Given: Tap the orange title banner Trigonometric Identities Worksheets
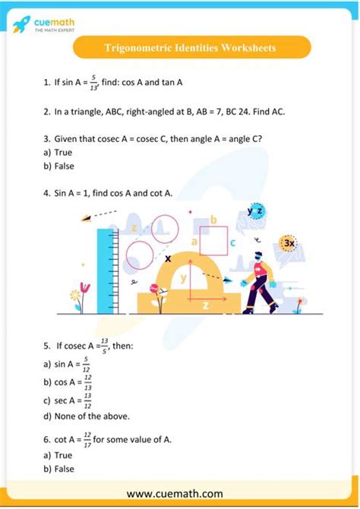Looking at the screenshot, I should tap(191, 48).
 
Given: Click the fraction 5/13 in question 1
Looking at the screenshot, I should tap(94, 82).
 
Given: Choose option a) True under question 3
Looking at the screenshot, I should tap(58, 152).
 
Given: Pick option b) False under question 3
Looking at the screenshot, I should tap(58, 166).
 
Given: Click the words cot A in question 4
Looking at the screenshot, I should tap(161, 193).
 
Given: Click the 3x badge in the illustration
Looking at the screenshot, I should tap(289, 243).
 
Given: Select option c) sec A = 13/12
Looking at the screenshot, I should tap(64, 399).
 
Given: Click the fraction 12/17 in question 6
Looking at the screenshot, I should tap(87, 438).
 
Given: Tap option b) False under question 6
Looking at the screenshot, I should tap(58, 469).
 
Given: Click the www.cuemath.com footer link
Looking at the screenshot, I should tap(179, 494).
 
